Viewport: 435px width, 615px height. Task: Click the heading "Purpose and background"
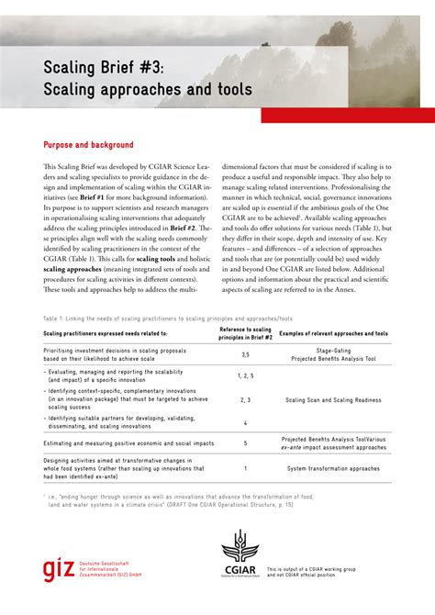point(89,145)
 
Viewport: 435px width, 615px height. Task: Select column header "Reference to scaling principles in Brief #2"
point(245,333)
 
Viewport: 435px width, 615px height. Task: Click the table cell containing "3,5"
point(245,353)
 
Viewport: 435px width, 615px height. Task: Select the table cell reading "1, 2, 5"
point(245,375)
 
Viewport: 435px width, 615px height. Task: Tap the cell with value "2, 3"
point(245,400)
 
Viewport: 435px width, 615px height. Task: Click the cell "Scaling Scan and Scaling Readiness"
point(333,400)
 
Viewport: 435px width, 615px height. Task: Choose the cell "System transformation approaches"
point(333,468)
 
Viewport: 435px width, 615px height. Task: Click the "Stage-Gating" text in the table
point(333,350)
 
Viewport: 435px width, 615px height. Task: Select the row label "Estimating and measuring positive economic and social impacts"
point(127,442)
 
